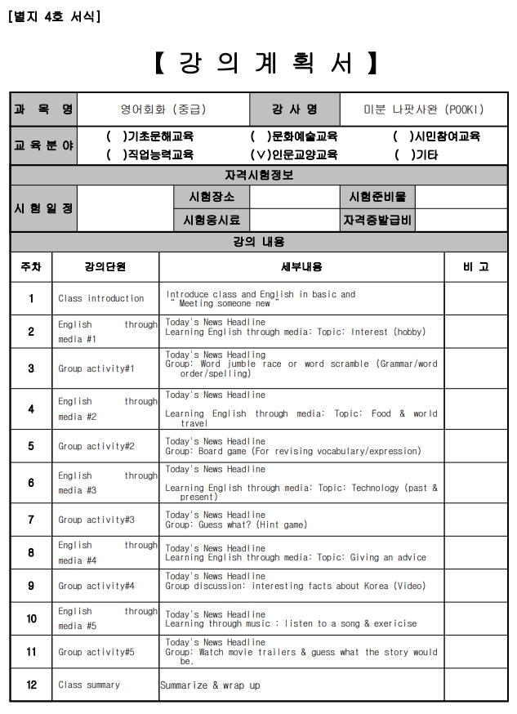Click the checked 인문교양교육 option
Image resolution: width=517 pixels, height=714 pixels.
coord(293,154)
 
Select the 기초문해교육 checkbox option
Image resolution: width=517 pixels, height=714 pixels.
coord(150,136)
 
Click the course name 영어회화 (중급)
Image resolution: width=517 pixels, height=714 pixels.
coord(163,109)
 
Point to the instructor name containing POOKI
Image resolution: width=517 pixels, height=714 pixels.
coord(424,109)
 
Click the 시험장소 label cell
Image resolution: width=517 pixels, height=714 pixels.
coord(212,197)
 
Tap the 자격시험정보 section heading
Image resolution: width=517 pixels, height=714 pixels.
coord(259,175)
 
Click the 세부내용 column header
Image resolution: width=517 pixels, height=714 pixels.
coord(301,266)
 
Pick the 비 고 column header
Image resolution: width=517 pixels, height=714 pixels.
coord(475,266)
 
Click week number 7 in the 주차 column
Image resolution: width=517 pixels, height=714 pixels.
coord(31,520)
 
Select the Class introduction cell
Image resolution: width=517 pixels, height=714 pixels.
coord(101,298)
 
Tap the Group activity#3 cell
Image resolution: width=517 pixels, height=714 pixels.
coord(96,520)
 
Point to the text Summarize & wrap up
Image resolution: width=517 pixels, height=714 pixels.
coord(210,685)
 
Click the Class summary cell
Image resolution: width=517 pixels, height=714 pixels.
coord(89,685)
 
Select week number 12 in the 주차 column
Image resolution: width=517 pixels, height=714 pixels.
coord(31,685)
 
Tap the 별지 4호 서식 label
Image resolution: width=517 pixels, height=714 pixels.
coord(53,16)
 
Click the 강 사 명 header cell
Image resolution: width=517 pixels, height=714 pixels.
coord(295,109)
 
